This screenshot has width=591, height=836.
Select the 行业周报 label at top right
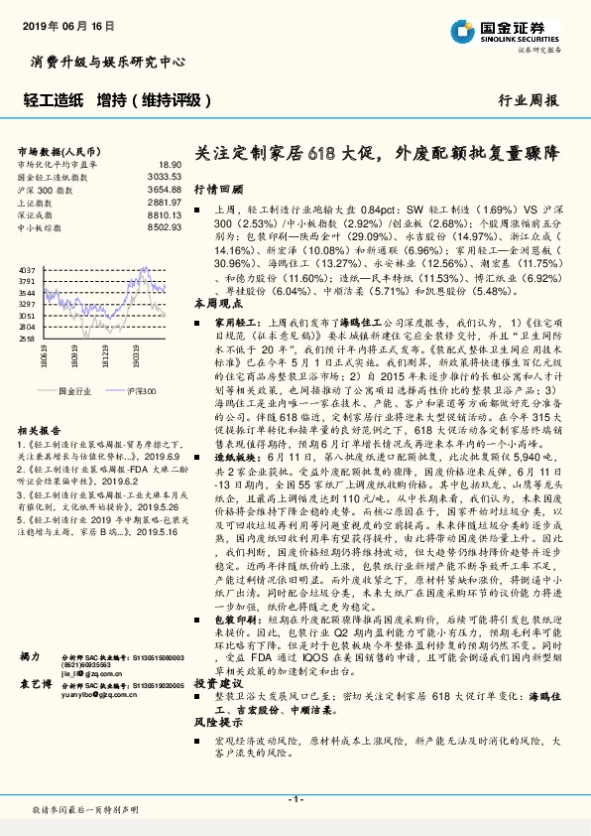pyautogui.click(x=528, y=101)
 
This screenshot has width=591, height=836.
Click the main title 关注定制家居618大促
pyautogui.click(x=377, y=154)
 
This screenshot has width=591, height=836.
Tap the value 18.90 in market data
pyautogui.click(x=171, y=164)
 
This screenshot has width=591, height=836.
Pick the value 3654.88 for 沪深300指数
pyautogui.click(x=165, y=188)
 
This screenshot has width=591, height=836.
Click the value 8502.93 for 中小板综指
pyautogui.click(x=165, y=225)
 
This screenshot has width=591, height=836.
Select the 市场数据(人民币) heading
pyautogui.click(x=58, y=151)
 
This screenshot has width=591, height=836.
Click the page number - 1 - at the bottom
pyautogui.click(x=295, y=798)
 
